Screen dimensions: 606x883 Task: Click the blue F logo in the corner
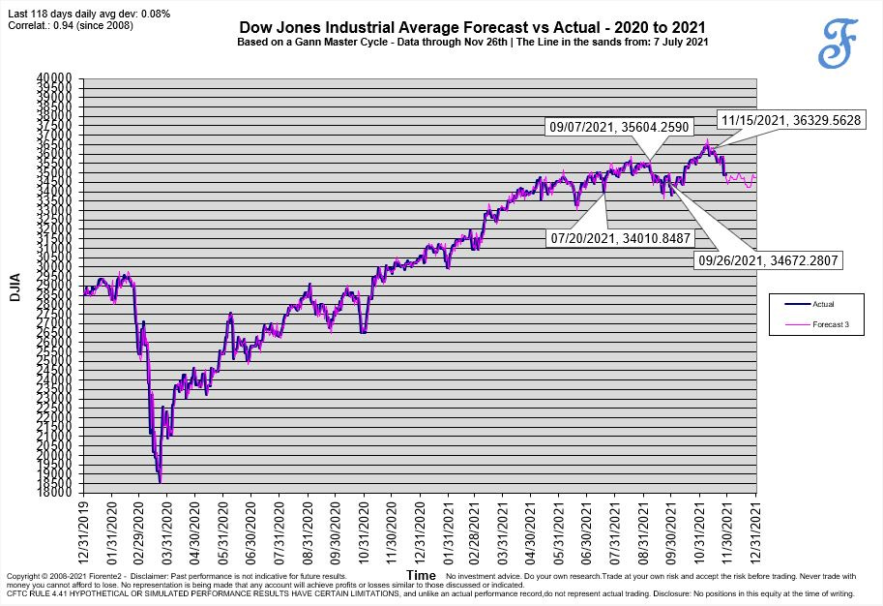[x=837, y=44]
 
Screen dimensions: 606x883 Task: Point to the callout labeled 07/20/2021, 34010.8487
[x=620, y=236]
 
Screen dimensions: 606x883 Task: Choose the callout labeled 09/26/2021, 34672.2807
[x=768, y=260]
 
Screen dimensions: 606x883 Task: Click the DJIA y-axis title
[x=15, y=286]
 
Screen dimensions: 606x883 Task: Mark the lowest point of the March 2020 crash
[x=160, y=481]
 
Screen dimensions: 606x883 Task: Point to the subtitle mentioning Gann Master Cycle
[x=472, y=44]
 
